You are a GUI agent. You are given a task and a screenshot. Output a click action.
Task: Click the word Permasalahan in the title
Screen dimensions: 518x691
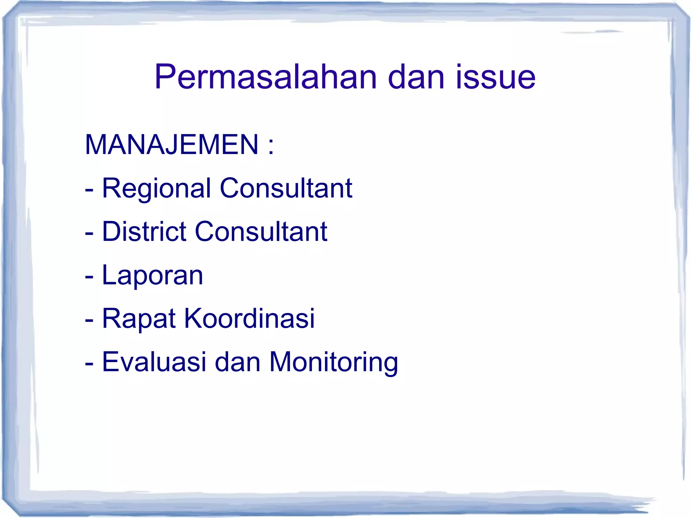265,77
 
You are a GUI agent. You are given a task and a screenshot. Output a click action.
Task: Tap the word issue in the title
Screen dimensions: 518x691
496,77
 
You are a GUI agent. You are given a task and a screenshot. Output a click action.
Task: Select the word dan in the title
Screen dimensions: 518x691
416,77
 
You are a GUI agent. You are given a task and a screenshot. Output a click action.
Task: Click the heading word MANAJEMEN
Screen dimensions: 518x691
172,145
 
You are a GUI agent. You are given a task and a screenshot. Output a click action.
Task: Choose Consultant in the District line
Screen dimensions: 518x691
261,231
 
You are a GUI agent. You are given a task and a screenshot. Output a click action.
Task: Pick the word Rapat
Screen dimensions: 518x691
139,319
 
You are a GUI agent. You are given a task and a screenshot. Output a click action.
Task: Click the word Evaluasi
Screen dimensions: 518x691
154,362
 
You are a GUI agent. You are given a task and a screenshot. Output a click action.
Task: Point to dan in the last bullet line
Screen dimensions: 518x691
238,362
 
